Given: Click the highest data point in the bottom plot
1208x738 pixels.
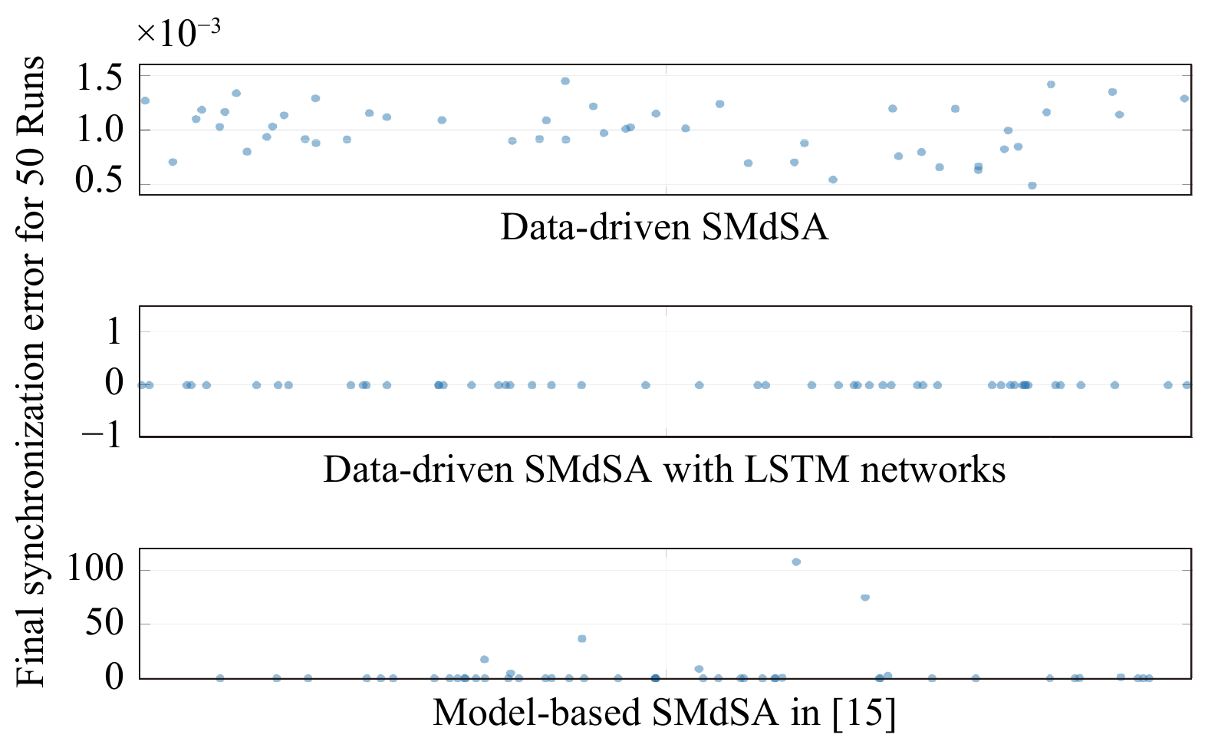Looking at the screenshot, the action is tap(796, 562).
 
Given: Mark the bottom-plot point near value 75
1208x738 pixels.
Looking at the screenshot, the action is tap(865, 597).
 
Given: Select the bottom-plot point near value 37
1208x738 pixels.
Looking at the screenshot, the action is tap(582, 639).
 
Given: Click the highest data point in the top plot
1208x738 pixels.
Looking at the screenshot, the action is tap(565, 81).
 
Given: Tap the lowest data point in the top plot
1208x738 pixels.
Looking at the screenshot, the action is tap(1032, 186).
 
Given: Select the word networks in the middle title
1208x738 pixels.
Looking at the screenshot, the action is tap(933, 469).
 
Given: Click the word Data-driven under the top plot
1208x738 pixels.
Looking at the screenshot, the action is tap(596, 227).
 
